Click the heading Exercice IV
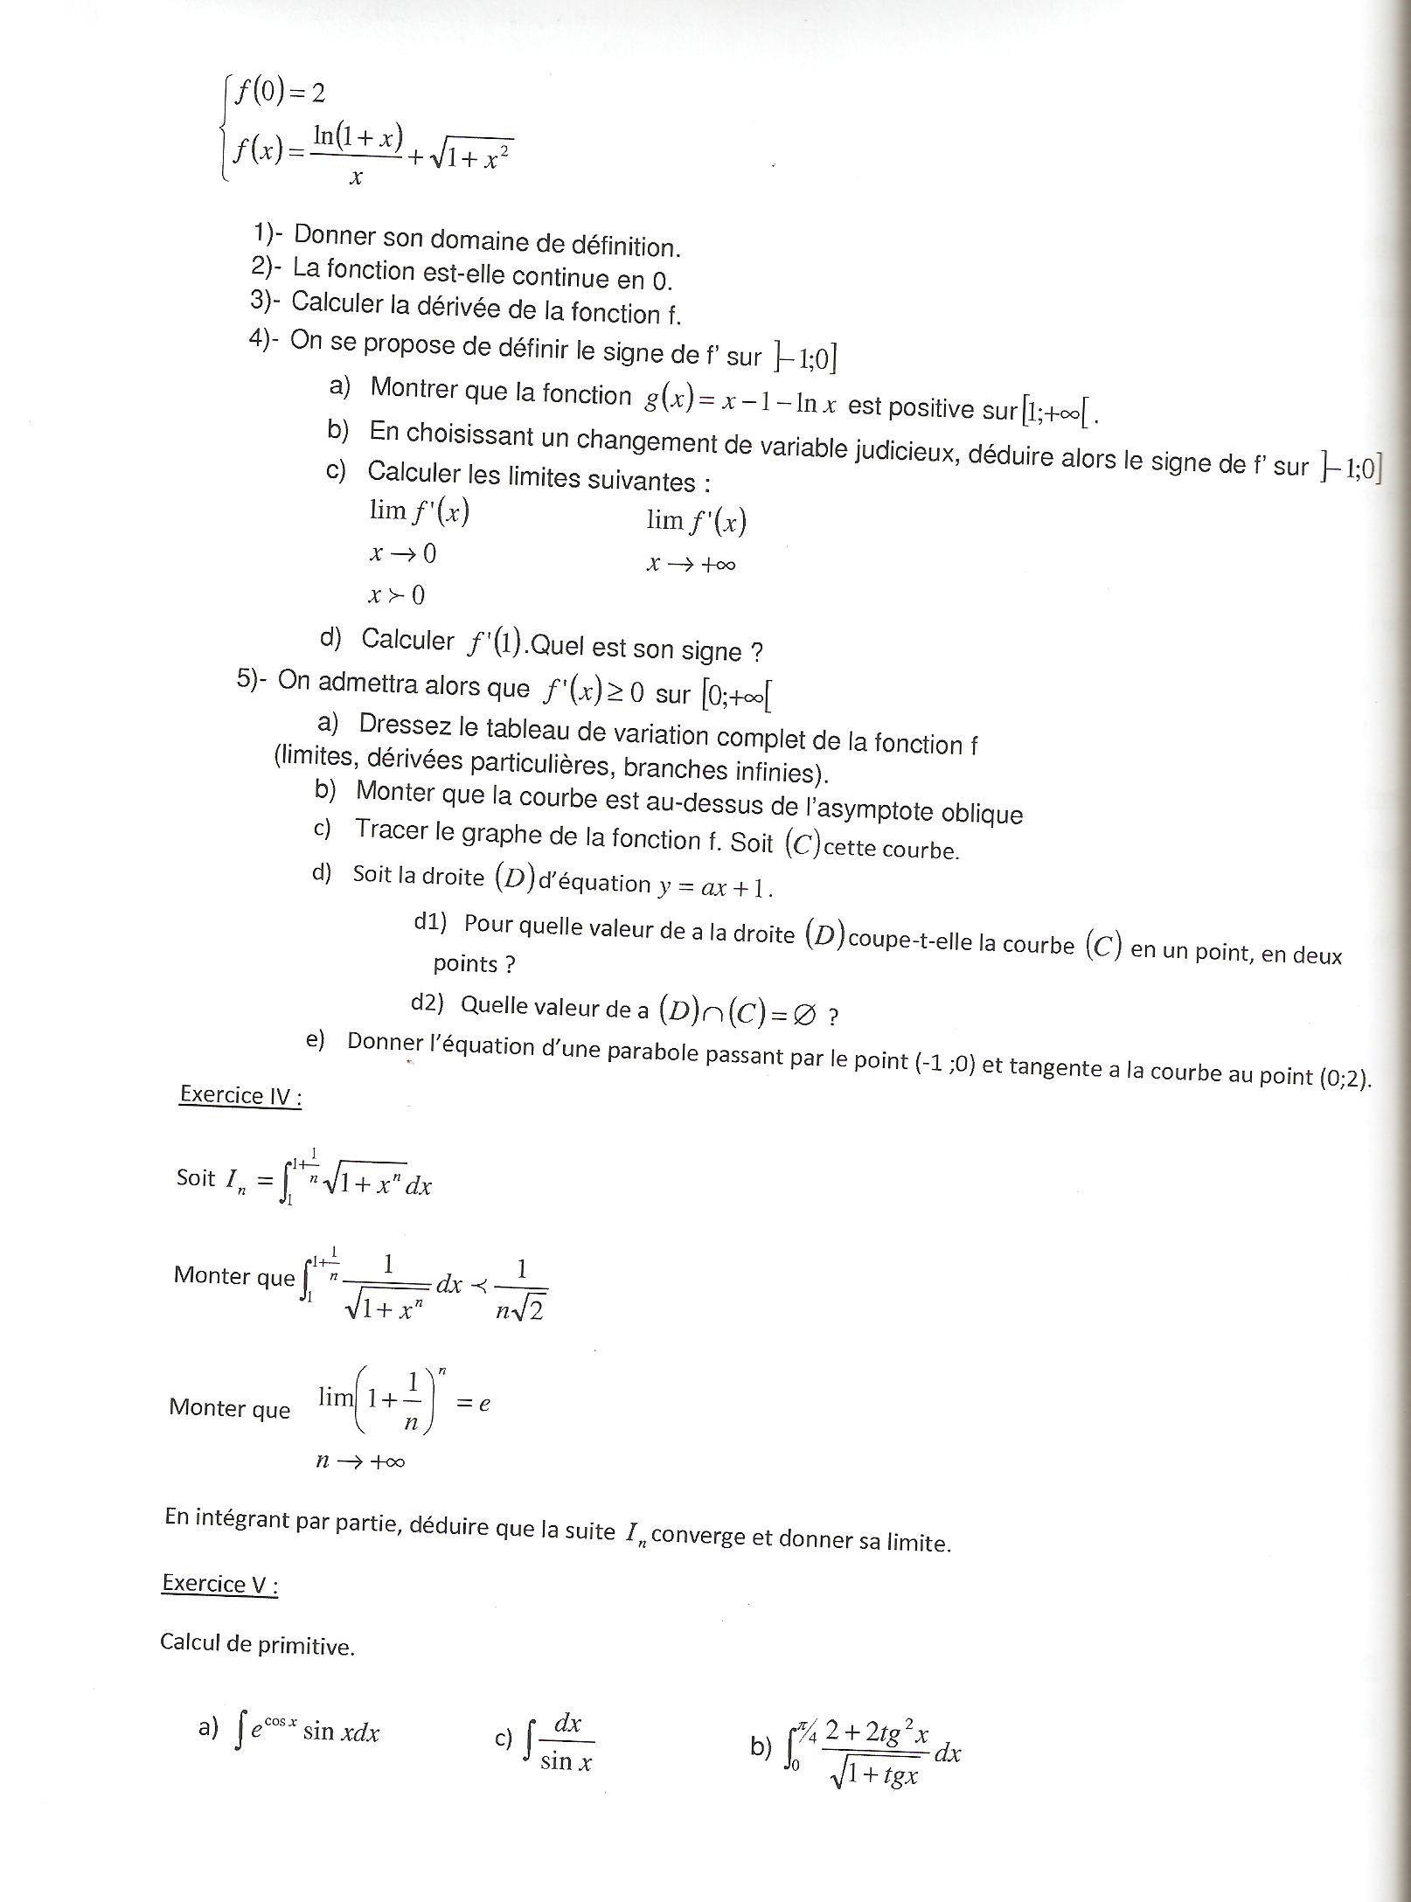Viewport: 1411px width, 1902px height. point(240,1095)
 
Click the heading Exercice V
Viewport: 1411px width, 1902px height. point(220,1584)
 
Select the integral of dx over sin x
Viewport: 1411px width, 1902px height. point(560,1741)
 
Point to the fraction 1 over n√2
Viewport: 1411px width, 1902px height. point(521,1290)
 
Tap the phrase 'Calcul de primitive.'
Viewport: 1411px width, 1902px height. point(257,1644)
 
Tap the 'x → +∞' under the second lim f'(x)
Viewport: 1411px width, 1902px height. point(691,565)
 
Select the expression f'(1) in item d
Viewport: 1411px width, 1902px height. point(494,643)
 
